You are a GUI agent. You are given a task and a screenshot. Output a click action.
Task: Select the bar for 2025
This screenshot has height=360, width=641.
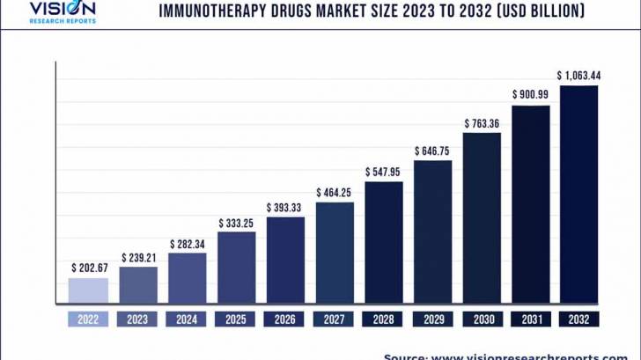[237, 268]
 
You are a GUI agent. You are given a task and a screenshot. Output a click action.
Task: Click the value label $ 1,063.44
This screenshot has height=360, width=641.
[578, 75]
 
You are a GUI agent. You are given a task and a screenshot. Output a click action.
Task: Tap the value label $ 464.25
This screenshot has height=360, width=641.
[335, 192]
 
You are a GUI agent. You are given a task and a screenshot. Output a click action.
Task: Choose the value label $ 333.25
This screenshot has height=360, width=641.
[237, 222]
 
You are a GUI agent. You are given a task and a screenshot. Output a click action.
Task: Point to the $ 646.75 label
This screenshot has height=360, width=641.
[432, 151]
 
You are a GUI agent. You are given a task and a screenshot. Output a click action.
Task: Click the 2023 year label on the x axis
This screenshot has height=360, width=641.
[138, 319]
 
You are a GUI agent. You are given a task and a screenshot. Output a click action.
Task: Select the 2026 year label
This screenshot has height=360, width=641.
[285, 319]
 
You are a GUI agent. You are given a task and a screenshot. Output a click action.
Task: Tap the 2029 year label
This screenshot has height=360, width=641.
[432, 319]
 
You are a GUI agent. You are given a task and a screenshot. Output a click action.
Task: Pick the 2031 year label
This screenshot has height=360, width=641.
[531, 319]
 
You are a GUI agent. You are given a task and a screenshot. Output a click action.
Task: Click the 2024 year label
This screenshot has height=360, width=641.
[187, 319]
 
